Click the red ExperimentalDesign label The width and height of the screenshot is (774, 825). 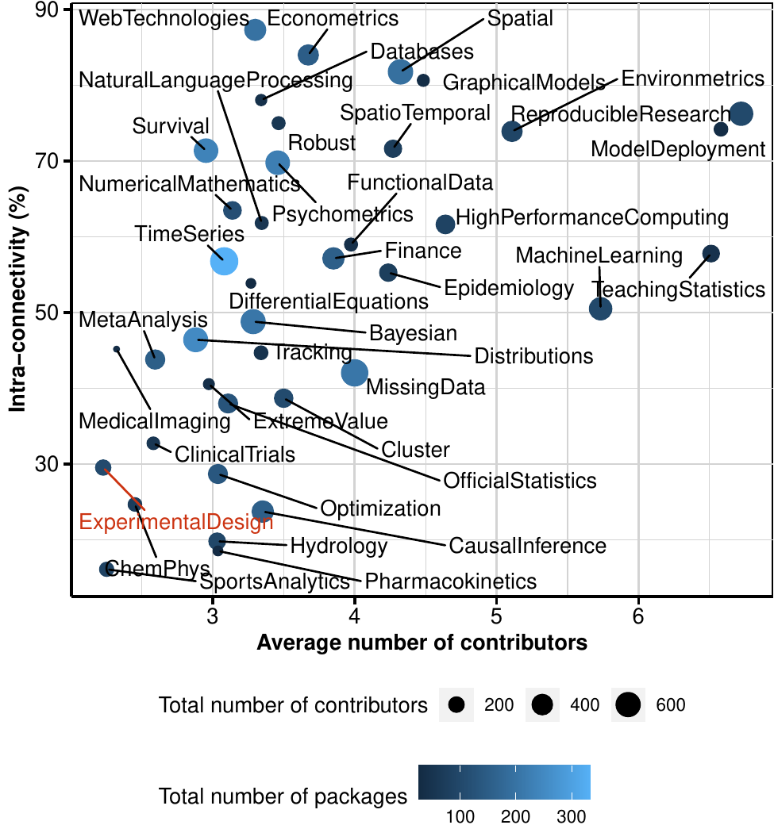[x=176, y=522]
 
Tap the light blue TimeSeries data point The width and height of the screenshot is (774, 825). [x=224, y=261]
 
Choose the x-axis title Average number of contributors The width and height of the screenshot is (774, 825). [x=422, y=643]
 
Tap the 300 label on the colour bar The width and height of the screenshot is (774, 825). [x=570, y=816]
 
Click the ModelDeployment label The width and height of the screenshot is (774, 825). [x=679, y=149]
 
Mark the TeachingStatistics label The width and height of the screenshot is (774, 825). [x=679, y=289]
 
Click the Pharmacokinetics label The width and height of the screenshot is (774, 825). [x=451, y=581]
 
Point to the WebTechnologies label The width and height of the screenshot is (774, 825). [x=165, y=17]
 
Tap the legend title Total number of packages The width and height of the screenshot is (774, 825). [x=283, y=795]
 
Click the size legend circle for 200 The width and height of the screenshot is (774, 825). [x=456, y=704]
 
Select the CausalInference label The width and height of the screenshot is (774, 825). [x=527, y=546]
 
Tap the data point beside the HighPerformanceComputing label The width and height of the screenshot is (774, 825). [x=445, y=224]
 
